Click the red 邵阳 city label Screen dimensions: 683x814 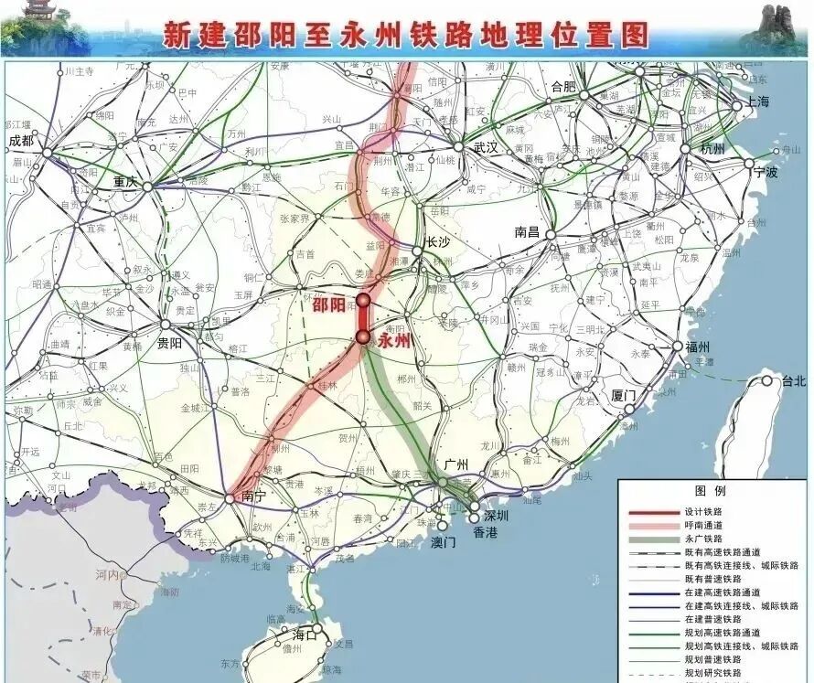click(329, 305)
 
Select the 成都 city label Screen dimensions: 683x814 click(20, 141)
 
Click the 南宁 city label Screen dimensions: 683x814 click(253, 496)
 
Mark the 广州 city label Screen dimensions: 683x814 click(455, 466)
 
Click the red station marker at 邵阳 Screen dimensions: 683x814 click(363, 300)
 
